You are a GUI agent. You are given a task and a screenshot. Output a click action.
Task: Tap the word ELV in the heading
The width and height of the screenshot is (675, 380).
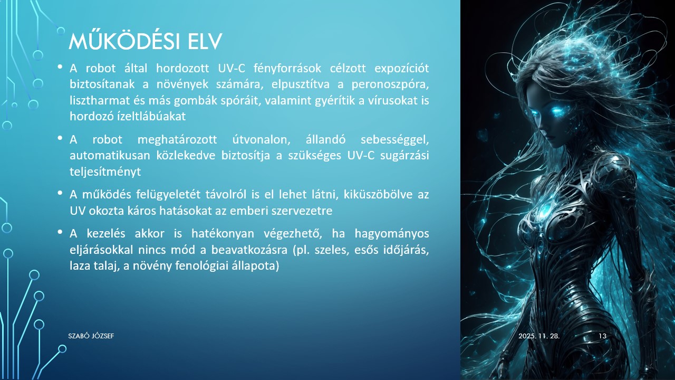tap(205, 41)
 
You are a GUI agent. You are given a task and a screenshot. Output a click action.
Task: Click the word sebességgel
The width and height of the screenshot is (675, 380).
tap(394, 140)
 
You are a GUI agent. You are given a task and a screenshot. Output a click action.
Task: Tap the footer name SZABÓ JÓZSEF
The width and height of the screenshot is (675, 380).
tap(91, 336)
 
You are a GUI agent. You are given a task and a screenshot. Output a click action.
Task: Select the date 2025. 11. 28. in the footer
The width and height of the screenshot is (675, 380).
tap(538, 336)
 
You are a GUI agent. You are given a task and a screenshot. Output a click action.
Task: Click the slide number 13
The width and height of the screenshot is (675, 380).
tap(603, 336)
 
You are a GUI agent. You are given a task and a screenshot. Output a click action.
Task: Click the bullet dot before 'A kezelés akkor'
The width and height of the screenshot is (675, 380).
tap(60, 232)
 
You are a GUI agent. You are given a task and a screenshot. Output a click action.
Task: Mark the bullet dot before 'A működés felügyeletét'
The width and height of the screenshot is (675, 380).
tap(60, 192)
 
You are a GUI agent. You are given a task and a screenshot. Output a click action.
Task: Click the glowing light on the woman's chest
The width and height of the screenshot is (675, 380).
tap(543, 211)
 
